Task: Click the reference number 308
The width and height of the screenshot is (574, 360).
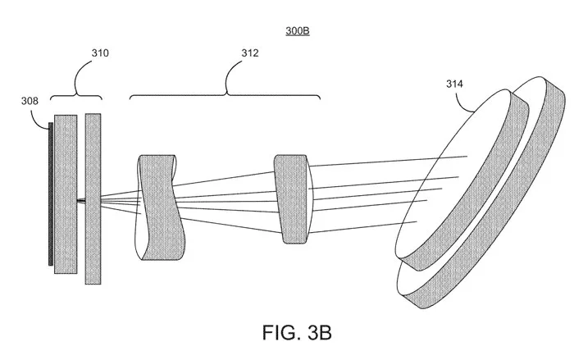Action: tap(30, 101)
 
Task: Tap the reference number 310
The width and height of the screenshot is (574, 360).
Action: tap(100, 53)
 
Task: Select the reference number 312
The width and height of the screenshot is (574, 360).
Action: tap(249, 53)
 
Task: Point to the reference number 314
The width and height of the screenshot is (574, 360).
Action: tap(454, 84)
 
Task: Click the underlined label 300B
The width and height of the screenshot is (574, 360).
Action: tap(298, 31)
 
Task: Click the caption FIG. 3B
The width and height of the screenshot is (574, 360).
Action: tap(297, 333)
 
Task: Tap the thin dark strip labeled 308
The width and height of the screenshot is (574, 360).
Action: tap(51, 194)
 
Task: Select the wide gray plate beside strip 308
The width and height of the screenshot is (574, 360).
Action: tap(66, 194)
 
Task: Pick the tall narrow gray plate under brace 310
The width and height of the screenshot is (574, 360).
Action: tap(93, 198)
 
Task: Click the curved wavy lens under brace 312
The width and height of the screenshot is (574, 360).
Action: tap(160, 207)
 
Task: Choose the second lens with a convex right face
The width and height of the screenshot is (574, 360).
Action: tap(294, 198)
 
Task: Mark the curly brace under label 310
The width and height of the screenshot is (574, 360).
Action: tap(75, 93)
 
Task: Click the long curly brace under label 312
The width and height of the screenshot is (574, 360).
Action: tap(225, 93)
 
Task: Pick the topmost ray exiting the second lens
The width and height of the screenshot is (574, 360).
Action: tap(389, 162)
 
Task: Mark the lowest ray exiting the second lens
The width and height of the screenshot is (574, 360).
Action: tap(363, 227)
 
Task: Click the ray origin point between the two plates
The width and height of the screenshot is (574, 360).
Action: tap(81, 200)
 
